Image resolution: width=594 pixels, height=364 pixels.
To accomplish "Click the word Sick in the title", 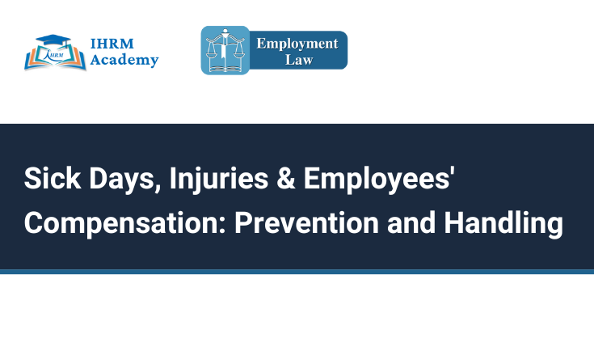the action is pyautogui.click(x=53, y=178).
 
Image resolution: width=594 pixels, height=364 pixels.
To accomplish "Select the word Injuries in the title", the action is pyautogui.click(x=218, y=180).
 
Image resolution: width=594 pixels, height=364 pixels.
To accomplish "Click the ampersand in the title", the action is pyautogui.click(x=286, y=178).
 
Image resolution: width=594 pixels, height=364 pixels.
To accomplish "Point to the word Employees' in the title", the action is pyautogui.click(x=379, y=180).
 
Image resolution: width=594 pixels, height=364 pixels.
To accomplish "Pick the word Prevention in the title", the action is pyautogui.click(x=306, y=222).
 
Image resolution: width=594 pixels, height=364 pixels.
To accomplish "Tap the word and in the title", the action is pyautogui.click(x=411, y=222).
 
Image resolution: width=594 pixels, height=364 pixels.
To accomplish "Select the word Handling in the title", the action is pyautogui.click(x=503, y=224).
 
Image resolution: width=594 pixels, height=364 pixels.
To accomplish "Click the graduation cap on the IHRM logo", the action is pyautogui.click(x=53, y=40).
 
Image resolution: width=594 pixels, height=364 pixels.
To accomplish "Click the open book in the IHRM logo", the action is pyautogui.click(x=55, y=57).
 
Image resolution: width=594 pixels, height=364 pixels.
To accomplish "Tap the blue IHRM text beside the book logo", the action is pyautogui.click(x=112, y=44).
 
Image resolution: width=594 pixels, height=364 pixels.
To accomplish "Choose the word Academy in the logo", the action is pyautogui.click(x=124, y=60).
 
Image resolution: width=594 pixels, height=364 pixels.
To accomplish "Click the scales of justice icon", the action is pyautogui.click(x=225, y=50).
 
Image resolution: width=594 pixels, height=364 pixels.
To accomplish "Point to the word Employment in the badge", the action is pyautogui.click(x=297, y=44).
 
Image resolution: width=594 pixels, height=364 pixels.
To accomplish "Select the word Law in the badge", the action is pyautogui.click(x=299, y=60).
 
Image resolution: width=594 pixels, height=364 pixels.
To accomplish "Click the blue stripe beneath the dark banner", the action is pyautogui.click(x=297, y=272).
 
